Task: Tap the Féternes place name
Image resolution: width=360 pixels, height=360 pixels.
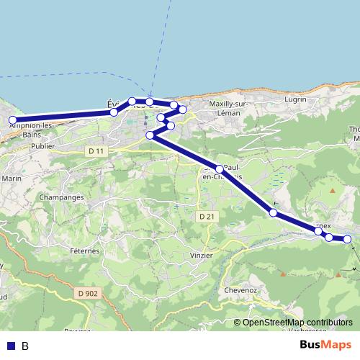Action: click(x=85, y=251)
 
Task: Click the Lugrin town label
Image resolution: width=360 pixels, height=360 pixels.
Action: click(x=295, y=99)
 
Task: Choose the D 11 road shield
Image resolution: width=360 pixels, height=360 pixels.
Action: click(x=95, y=150)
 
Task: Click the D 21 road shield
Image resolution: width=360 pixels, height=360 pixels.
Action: click(x=207, y=216)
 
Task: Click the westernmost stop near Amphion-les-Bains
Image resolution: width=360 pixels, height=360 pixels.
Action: click(x=12, y=120)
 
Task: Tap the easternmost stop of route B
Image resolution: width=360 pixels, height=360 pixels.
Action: click(x=347, y=239)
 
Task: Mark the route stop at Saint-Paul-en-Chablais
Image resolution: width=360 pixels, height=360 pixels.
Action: click(x=220, y=168)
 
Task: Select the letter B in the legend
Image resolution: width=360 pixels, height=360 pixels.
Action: click(x=25, y=346)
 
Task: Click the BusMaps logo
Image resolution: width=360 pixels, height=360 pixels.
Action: click(x=326, y=346)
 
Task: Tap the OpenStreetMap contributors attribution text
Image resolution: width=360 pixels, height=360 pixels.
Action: click(x=297, y=323)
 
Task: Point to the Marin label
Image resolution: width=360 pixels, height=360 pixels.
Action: click(x=12, y=178)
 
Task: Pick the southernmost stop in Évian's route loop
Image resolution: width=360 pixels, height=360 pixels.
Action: click(x=150, y=135)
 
